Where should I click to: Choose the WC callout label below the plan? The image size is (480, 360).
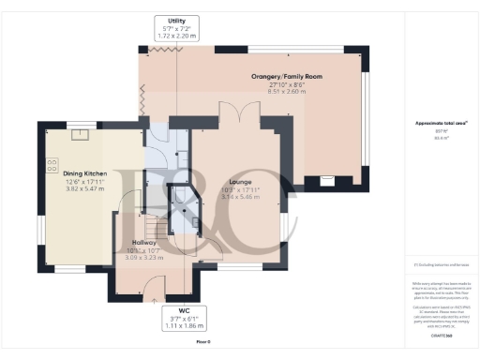(177, 310)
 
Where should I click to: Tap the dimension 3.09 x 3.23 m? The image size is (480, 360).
(144, 256)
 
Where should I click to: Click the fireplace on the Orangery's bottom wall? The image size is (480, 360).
(326, 179)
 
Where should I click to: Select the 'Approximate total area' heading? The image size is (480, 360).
(434, 124)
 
